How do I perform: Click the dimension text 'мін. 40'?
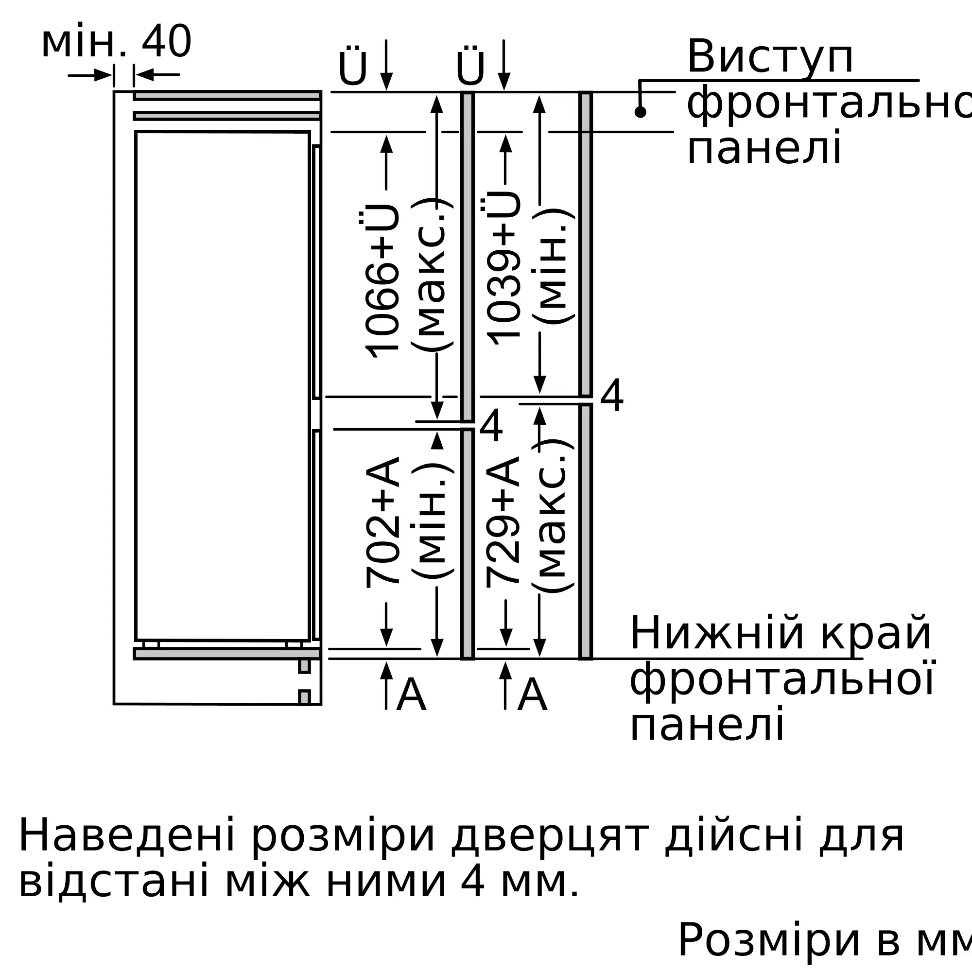tap(116, 42)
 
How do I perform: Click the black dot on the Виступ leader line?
tap(640, 112)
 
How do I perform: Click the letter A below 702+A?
tap(411, 695)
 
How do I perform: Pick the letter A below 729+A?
tap(532, 695)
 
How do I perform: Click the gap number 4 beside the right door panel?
tap(612, 396)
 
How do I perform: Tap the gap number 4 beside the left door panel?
tap(491, 426)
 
